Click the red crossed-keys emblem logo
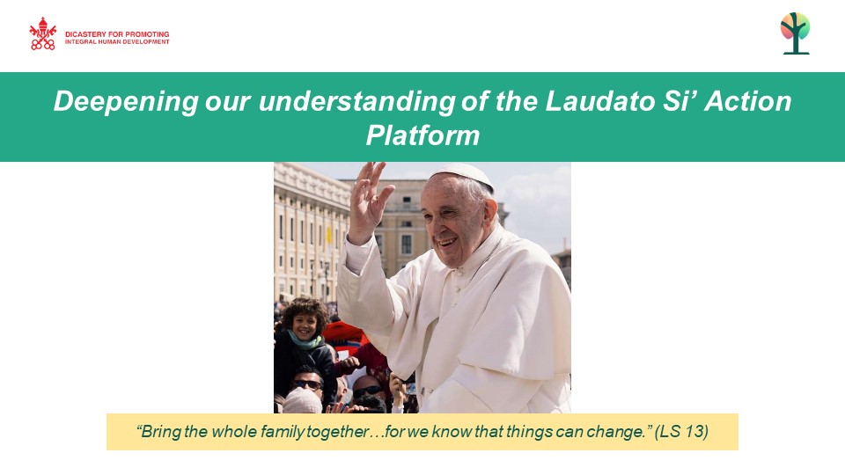[42, 33]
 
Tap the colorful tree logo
[796, 33]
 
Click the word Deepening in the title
[126, 102]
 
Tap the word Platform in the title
[423, 135]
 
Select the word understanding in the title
[357, 102]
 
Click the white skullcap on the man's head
[464, 174]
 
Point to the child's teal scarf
[305, 341]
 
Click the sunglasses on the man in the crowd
[308, 384]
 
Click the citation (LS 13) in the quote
[681, 431]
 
